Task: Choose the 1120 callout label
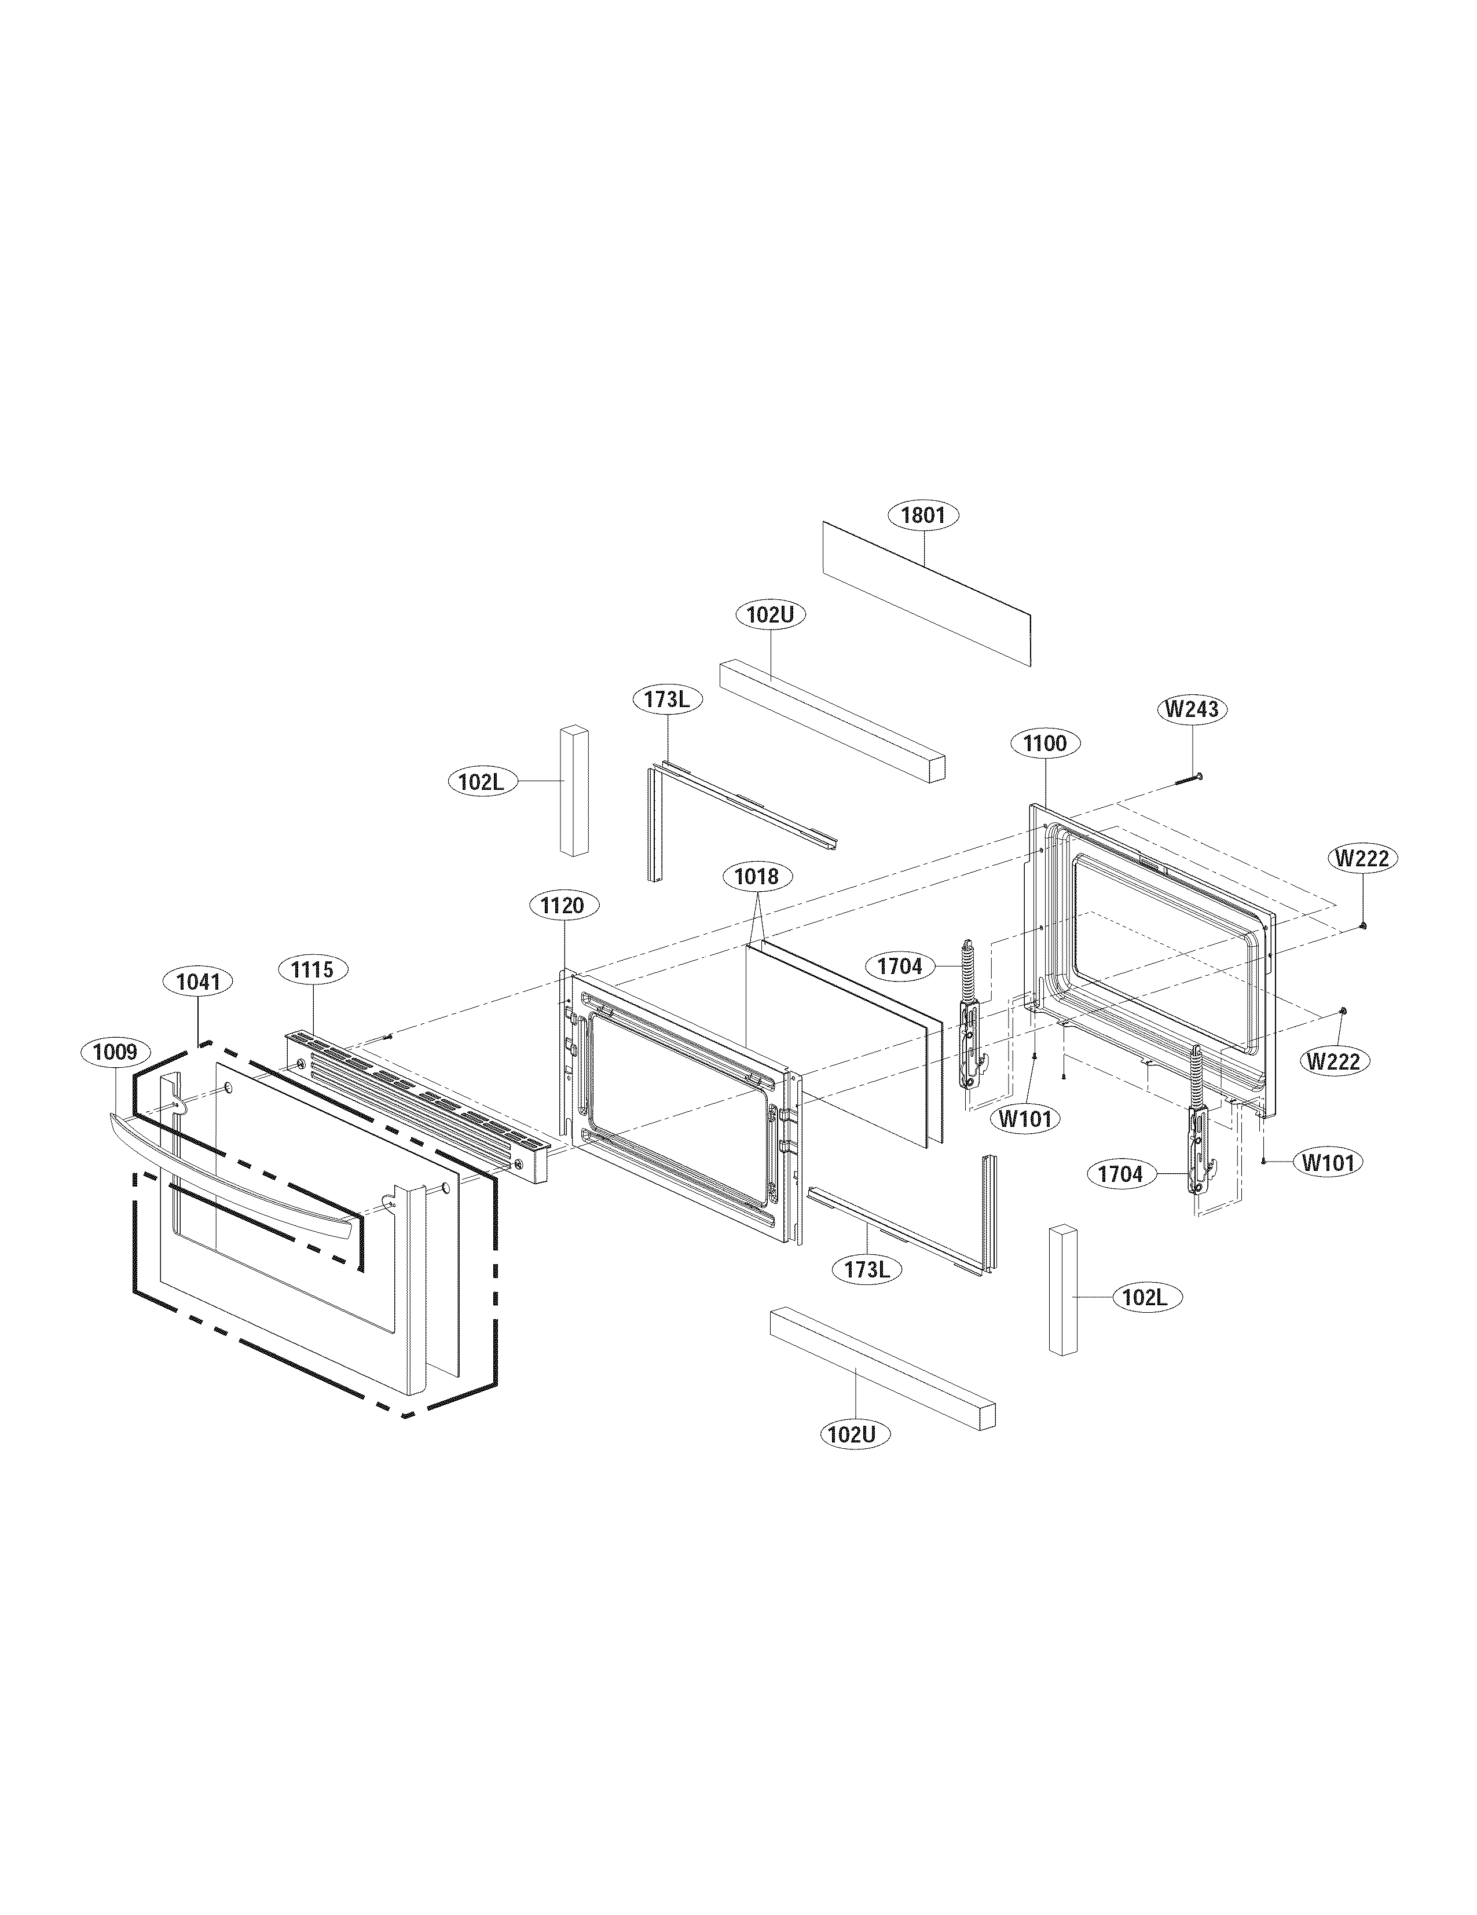click(x=562, y=906)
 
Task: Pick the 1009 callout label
click(x=115, y=1052)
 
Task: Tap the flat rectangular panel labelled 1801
click(x=926, y=593)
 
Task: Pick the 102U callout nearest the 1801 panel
click(x=769, y=614)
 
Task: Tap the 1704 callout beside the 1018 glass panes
click(x=899, y=966)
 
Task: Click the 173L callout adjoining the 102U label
click(x=666, y=699)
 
